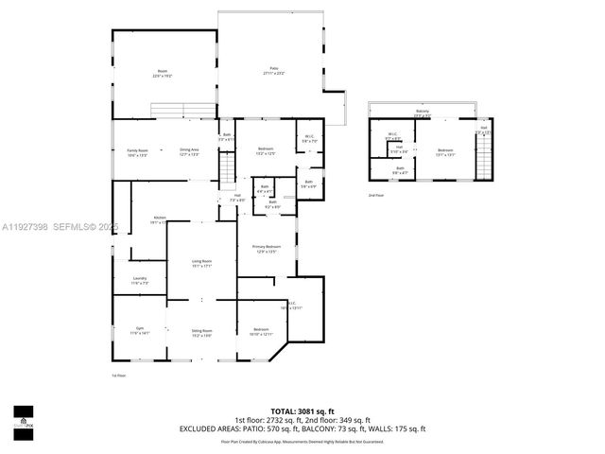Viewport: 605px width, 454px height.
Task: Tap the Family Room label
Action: click(x=138, y=151)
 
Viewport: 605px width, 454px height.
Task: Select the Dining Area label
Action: click(x=189, y=151)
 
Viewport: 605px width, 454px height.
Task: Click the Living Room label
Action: click(x=201, y=263)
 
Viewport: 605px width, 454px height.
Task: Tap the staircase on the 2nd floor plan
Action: click(x=483, y=156)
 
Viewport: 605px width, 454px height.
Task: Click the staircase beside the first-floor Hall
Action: click(x=227, y=170)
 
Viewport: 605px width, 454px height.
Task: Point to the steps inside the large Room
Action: click(x=179, y=113)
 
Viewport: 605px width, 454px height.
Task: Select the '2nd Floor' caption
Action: click(x=375, y=196)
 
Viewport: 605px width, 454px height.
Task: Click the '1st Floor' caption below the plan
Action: click(x=119, y=375)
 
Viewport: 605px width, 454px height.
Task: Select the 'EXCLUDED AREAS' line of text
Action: click(x=302, y=429)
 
